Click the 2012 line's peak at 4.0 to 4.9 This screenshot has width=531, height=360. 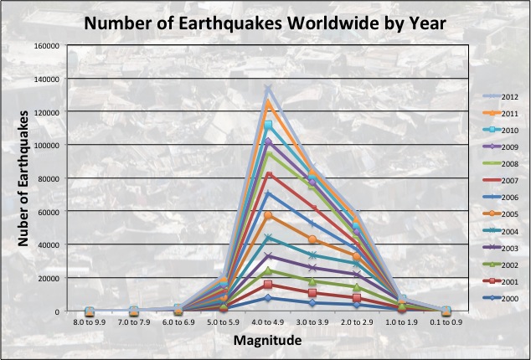pos(268,89)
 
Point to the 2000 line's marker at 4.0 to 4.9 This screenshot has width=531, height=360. pos(268,298)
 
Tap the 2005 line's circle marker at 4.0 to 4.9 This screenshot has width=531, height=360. pos(268,216)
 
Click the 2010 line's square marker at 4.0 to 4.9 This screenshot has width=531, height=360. pos(268,126)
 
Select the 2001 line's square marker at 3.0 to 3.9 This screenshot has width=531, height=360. pos(312,292)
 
